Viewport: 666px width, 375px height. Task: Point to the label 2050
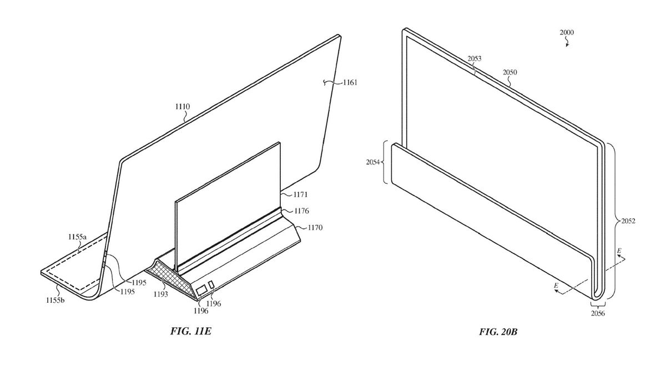point(511,72)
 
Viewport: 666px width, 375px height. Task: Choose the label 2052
point(628,221)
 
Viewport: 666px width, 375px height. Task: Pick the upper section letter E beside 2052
point(619,251)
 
